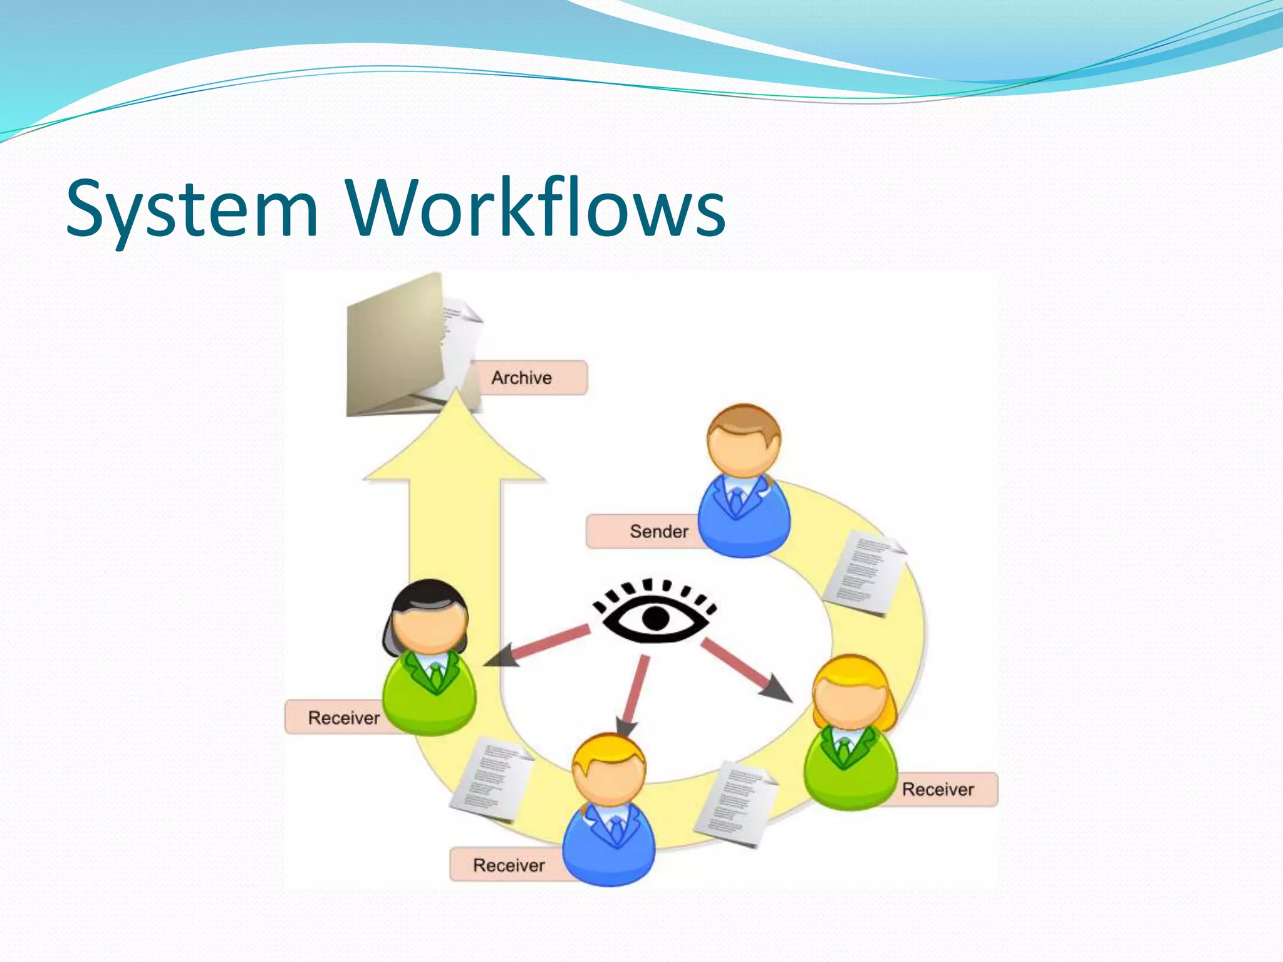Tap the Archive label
[x=522, y=378]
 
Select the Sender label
[x=658, y=532]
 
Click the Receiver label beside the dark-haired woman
[x=343, y=718]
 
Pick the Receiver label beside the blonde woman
[x=938, y=789]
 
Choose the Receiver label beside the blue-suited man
[x=509, y=866]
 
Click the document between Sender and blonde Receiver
[x=863, y=573]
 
